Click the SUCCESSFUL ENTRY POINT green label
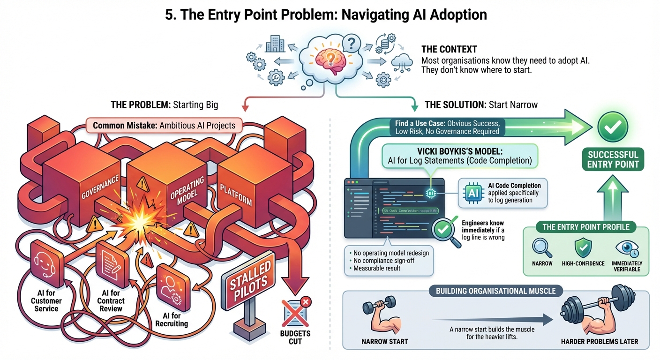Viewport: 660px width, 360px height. point(613,159)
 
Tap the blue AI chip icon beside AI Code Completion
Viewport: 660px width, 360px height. point(472,192)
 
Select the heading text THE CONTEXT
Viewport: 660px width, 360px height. point(449,49)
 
